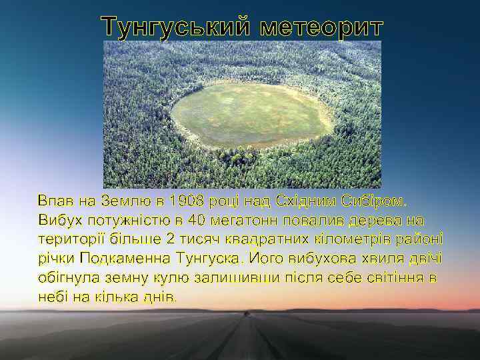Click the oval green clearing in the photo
click(x=252, y=115)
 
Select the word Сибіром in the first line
click(x=375, y=201)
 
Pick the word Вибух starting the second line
click(x=58, y=220)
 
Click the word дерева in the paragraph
click(x=382, y=220)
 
